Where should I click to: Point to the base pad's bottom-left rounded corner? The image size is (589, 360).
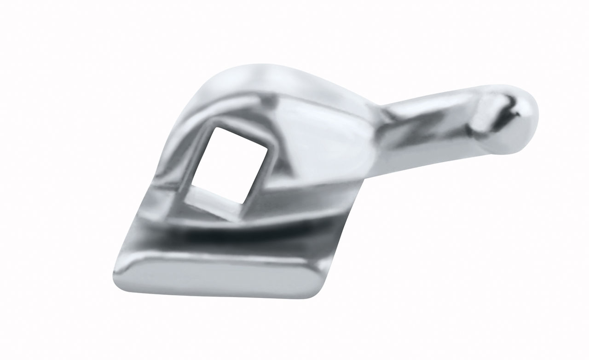121,276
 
